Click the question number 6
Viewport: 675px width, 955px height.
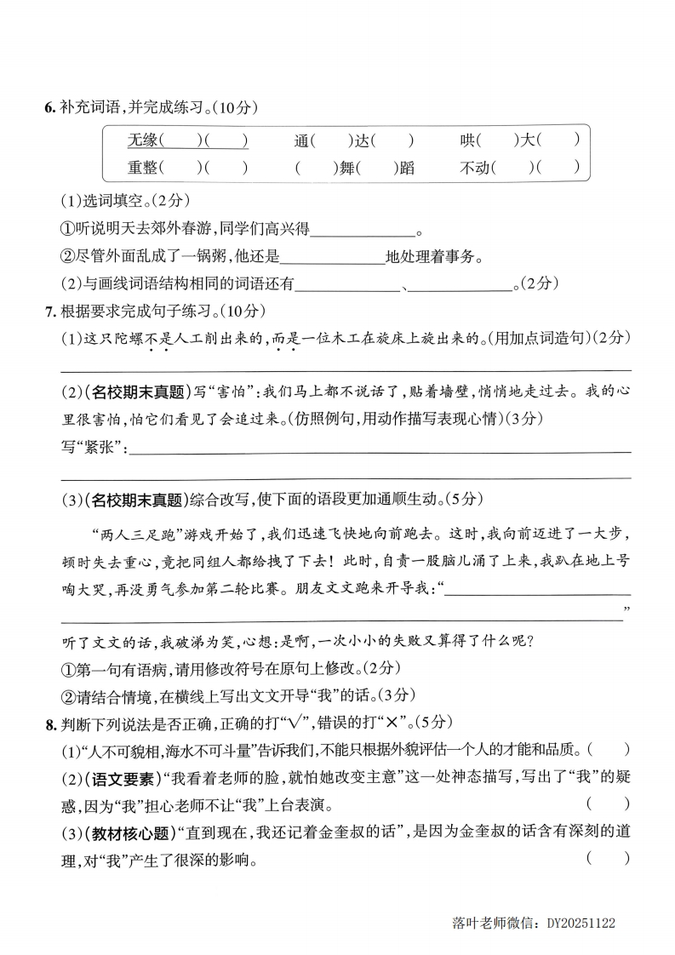pos(49,108)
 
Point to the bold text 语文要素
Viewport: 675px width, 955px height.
pos(120,778)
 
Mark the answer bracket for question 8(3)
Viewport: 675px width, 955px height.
pos(608,859)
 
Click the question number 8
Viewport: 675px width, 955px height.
pos(49,723)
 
